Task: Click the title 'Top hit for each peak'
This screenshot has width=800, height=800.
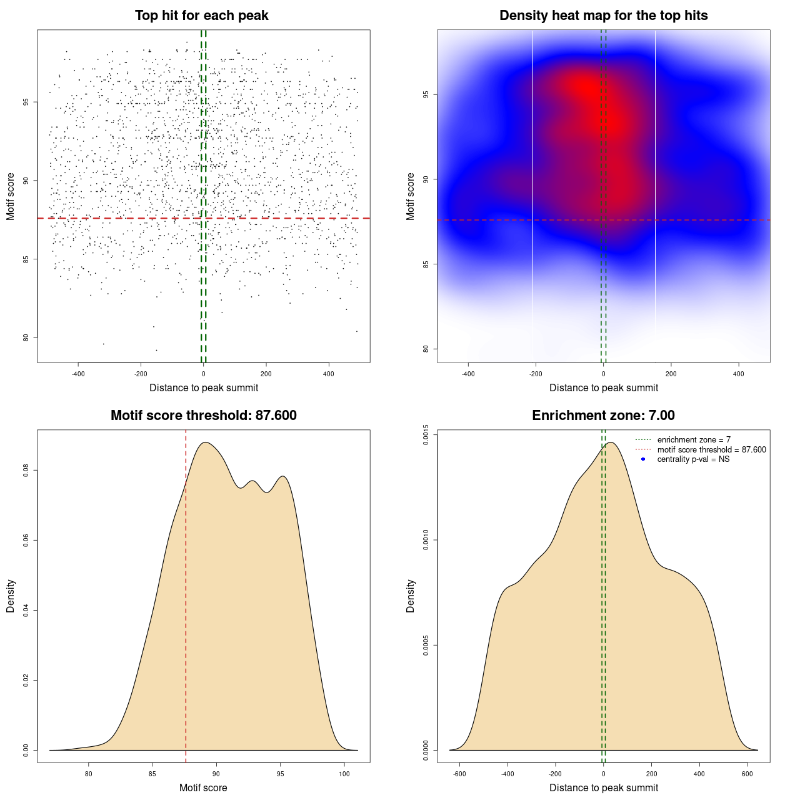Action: (201, 16)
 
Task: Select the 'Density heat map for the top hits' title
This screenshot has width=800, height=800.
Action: (603, 16)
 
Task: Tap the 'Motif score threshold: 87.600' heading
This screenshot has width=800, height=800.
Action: (203, 416)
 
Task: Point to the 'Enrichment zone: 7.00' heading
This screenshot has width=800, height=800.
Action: (603, 416)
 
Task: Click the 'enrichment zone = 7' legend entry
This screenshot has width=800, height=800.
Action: (694, 440)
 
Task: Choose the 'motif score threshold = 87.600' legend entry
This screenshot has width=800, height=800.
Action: (711, 450)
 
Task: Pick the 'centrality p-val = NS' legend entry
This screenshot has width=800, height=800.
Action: (693, 459)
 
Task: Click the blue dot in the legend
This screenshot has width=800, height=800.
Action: (643, 459)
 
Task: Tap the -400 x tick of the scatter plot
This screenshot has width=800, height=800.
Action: (78, 374)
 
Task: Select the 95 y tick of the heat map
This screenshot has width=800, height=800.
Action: (425, 95)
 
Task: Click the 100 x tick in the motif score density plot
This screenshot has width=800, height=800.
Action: (344, 774)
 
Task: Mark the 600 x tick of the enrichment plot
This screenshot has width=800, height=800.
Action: (747, 774)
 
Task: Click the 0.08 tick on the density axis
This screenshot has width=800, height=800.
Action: (26, 470)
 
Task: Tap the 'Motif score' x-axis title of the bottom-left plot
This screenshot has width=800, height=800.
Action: (203, 788)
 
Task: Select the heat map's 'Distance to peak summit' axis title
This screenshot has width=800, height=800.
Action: (603, 388)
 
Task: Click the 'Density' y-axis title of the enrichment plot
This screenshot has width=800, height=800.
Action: (411, 596)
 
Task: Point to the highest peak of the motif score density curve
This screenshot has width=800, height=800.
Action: (205, 442)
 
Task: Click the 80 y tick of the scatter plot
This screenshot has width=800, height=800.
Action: (26, 337)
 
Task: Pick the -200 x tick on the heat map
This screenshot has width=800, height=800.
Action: (536, 374)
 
